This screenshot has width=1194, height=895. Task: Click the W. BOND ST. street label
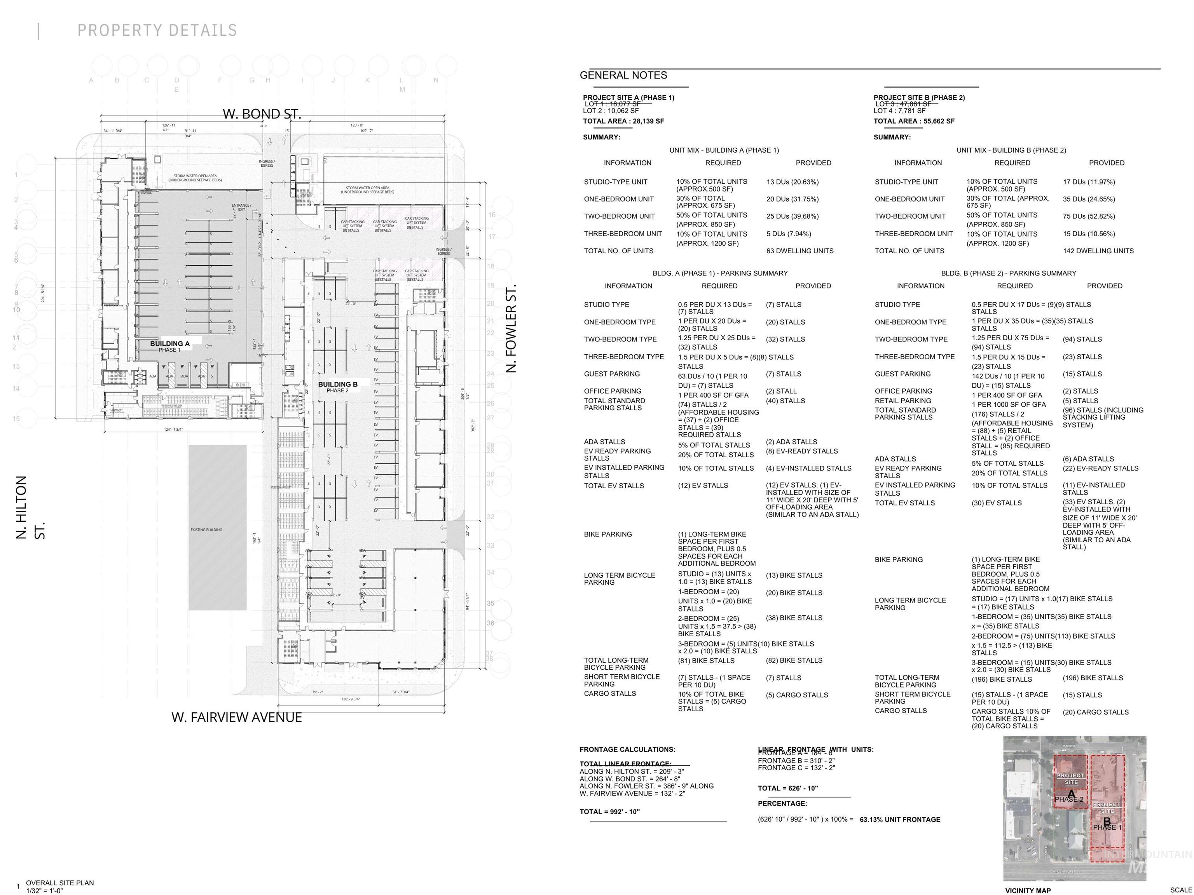point(262,114)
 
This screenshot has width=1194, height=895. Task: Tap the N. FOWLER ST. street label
point(511,328)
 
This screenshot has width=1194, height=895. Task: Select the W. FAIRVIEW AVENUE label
point(236,717)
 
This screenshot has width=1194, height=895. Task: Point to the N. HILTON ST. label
point(30,507)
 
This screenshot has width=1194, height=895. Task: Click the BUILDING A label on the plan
point(169,344)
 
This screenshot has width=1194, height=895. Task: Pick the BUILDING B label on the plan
point(337,384)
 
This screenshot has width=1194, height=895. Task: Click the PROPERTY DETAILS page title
point(157,30)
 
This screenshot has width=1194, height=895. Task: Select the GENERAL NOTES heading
point(623,75)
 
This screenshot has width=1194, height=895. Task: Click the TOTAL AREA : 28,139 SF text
point(623,121)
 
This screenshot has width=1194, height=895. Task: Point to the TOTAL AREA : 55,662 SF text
point(914,121)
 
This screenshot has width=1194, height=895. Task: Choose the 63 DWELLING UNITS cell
point(799,251)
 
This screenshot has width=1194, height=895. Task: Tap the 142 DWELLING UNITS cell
point(1098,251)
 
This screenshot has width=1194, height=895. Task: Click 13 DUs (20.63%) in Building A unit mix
point(793,182)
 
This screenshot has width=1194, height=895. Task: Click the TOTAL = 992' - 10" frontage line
point(609,811)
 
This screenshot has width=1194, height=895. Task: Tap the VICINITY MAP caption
point(1027,890)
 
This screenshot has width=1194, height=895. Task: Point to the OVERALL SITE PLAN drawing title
point(60,883)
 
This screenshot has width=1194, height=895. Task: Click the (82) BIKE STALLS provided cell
point(794,660)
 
